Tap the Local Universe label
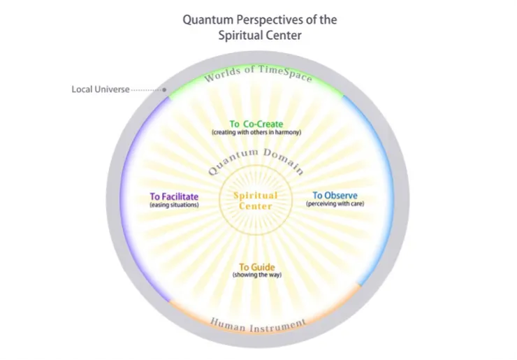click(101, 89)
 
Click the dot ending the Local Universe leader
click(164, 89)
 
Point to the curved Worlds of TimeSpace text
click(258, 73)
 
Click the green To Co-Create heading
click(256, 124)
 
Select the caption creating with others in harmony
click(256, 132)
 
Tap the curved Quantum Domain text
click(256, 161)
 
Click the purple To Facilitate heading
click(174, 196)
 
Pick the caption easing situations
click(174, 205)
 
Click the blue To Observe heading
click(335, 195)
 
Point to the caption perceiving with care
click(335, 203)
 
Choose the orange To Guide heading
click(257, 267)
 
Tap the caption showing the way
click(257, 275)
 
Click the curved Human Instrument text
click(258, 325)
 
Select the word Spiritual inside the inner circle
click(256, 196)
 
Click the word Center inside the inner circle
click(256, 206)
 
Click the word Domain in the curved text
click(284, 161)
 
